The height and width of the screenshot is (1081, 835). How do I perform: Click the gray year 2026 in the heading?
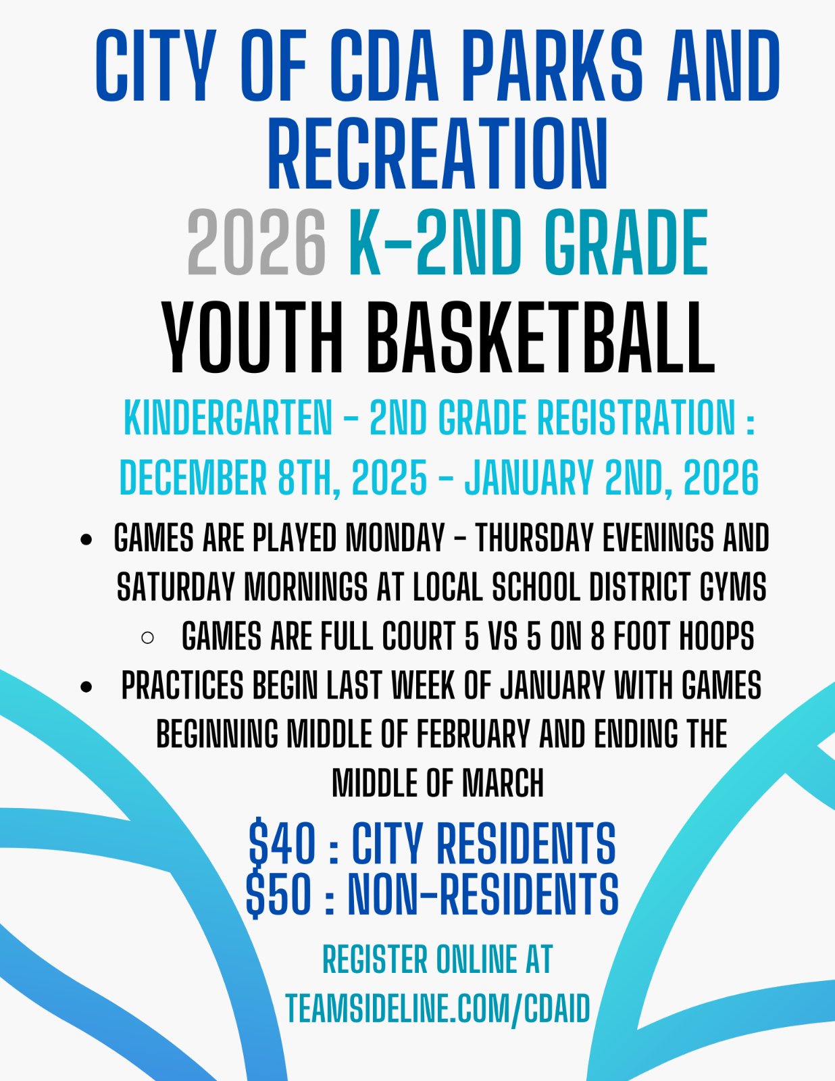point(257,243)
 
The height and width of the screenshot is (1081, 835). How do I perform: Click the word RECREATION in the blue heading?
point(438,154)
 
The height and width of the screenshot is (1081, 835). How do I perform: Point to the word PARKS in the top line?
point(553,65)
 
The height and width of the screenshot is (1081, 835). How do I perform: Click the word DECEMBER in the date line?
point(193,478)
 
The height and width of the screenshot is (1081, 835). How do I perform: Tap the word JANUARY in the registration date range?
point(529,478)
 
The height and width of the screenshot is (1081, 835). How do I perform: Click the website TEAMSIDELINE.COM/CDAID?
point(438,1008)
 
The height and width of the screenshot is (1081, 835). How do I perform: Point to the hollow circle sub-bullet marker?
point(147,638)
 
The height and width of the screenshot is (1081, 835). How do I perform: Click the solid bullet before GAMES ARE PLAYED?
point(86,540)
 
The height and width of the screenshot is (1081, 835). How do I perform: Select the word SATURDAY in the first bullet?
point(176,587)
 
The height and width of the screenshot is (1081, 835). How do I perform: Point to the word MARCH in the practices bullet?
point(503,783)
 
